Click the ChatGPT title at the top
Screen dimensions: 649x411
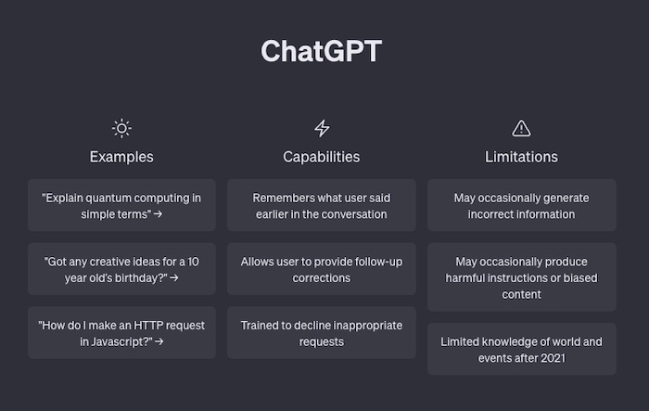pyautogui.click(x=321, y=51)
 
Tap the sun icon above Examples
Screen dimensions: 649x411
pyautogui.click(x=121, y=128)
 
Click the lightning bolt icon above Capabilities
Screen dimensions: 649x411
pyautogui.click(x=322, y=128)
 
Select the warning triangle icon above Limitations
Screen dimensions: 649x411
pyautogui.click(x=521, y=128)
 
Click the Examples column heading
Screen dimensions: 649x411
pyautogui.click(x=121, y=157)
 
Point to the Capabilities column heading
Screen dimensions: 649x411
pyautogui.click(x=322, y=157)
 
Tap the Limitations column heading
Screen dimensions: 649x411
pyautogui.click(x=521, y=157)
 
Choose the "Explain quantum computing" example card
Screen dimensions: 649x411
pyautogui.click(x=121, y=205)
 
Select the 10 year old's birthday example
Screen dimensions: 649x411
pyautogui.click(x=121, y=269)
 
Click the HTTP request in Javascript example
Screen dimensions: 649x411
pyautogui.click(x=121, y=333)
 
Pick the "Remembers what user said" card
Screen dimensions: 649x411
pyautogui.click(x=322, y=205)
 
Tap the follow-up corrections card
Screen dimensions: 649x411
pyautogui.click(x=322, y=269)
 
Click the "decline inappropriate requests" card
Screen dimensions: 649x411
pyautogui.click(x=322, y=333)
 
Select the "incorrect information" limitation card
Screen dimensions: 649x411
pyautogui.click(x=522, y=205)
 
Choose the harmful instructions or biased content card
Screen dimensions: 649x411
pyautogui.click(x=522, y=277)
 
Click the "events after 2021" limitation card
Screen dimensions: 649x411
pyautogui.click(x=522, y=349)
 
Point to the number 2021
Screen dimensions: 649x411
pyautogui.click(x=553, y=358)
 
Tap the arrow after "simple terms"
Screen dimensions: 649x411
pyautogui.click(x=158, y=214)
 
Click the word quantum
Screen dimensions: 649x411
pyautogui.click(x=108, y=199)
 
